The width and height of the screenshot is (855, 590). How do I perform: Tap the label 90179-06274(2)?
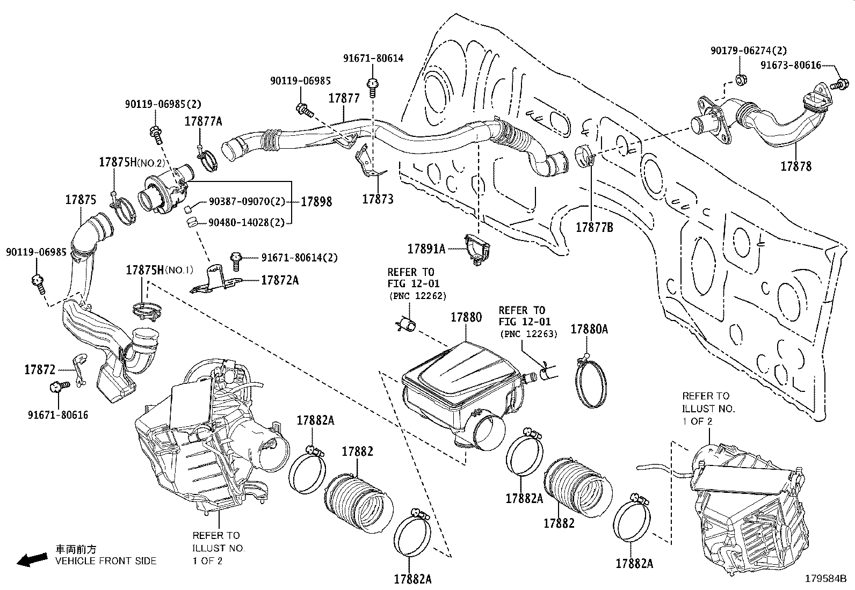coord(748,50)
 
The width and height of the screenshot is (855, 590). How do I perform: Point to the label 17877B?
coord(595,228)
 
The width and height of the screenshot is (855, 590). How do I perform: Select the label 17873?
coord(378,199)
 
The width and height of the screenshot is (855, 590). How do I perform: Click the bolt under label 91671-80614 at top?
coord(372,86)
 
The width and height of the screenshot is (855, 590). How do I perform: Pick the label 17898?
coord(316,202)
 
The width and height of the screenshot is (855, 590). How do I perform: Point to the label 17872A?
coord(280,280)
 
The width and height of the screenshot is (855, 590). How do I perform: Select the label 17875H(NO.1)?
coord(160,270)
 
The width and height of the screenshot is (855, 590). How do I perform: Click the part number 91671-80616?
coord(58,415)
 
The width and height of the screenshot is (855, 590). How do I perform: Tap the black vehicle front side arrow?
coord(31,560)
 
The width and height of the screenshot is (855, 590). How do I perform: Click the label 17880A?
coord(589,329)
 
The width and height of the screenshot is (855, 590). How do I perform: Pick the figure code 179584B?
coord(825,579)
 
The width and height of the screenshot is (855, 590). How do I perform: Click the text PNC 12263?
coord(528,334)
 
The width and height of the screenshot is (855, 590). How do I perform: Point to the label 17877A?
coord(204,121)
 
